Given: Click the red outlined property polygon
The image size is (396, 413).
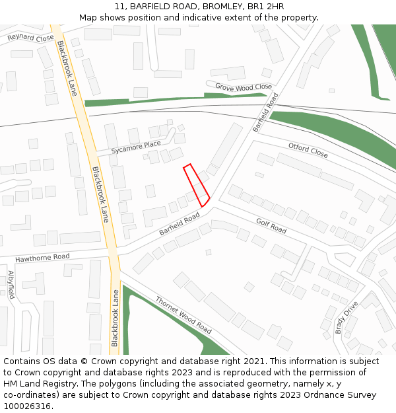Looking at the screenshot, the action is tap(196, 184).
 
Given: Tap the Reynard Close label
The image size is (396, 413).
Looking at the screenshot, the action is tap(30, 38).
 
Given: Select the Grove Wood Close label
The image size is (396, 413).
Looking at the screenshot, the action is tap(244, 87).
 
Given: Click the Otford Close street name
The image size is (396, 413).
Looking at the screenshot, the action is tap(308, 150).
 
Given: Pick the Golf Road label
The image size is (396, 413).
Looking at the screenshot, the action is tap(271, 226).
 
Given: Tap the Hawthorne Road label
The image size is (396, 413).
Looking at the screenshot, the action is tap(42, 256).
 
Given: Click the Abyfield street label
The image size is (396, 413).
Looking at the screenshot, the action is tap(11, 284).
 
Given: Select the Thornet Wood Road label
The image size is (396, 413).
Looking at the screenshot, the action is tap(183, 315).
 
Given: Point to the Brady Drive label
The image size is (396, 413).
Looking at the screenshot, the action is tap(346, 317).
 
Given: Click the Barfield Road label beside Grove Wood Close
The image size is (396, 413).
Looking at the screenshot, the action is tap(265, 112).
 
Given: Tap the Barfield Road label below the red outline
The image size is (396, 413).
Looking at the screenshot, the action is tap(179, 224).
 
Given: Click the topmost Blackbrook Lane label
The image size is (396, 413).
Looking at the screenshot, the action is tap(67, 68).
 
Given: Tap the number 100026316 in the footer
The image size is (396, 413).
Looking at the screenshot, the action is tap(26, 406).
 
